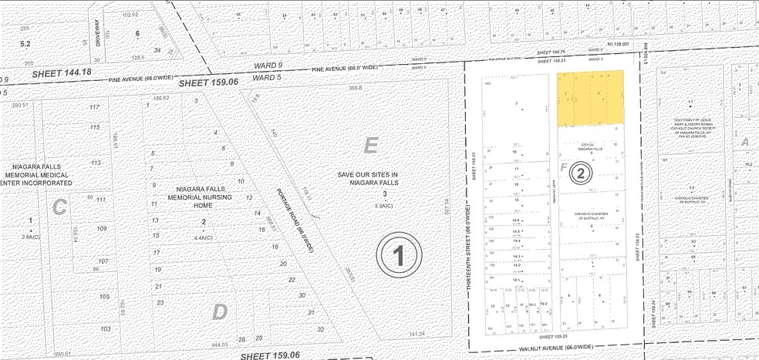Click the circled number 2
[582, 173]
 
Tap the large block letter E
[371, 146]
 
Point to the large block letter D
[220, 311]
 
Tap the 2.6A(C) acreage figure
[32, 229]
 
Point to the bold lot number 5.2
[25, 45]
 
